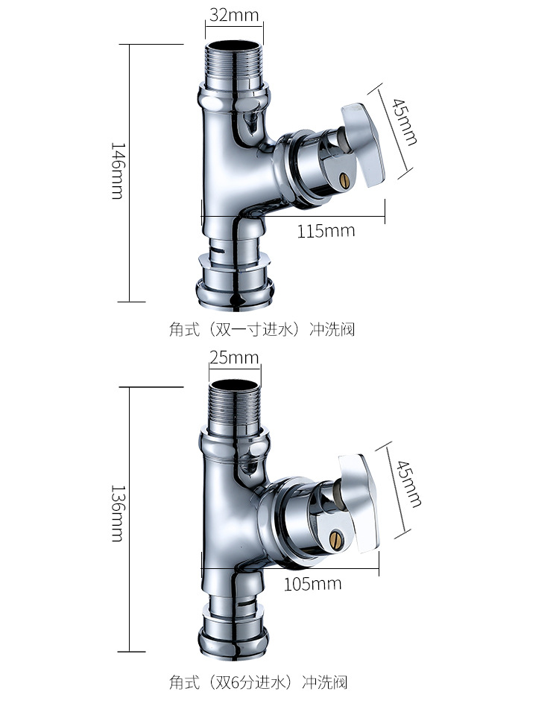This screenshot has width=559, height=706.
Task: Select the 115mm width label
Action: click(326, 231)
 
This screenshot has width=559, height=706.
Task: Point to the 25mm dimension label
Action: click(233, 358)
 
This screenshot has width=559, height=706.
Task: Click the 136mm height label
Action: click(117, 515)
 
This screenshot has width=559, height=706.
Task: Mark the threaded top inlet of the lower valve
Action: click(233, 407)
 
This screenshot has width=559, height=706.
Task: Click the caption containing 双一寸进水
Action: click(262, 328)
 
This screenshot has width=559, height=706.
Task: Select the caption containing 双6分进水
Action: click(258, 681)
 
